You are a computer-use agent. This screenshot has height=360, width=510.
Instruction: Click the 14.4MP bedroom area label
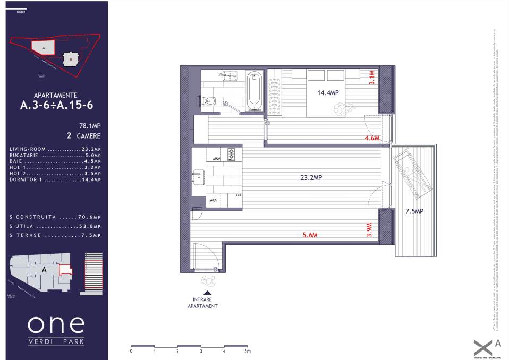pyautogui.click(x=328, y=93)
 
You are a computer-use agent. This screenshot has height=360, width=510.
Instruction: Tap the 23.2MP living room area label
pyautogui.click(x=311, y=178)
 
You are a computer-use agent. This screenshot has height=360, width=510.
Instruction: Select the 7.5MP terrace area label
pyautogui.click(x=414, y=211)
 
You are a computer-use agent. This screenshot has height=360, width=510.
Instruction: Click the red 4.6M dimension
pyautogui.click(x=372, y=138)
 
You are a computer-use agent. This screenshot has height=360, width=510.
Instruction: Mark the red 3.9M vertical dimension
pyautogui.click(x=370, y=229)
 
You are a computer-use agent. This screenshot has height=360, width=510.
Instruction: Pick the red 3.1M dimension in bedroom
pyautogui.click(x=372, y=78)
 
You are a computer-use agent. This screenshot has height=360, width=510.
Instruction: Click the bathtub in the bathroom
pyautogui.click(x=254, y=89)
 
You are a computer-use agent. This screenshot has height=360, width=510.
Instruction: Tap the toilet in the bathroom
pyautogui.click(x=209, y=100)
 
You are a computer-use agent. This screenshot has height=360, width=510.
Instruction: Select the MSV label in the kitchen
pyautogui.click(x=216, y=159)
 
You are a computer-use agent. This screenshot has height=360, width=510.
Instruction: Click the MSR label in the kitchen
pyautogui.click(x=213, y=201)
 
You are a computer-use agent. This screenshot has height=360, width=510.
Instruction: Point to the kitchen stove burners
pyautogui.click(x=231, y=155)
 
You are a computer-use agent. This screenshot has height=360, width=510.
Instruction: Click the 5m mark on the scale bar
pyautogui.click(x=247, y=352)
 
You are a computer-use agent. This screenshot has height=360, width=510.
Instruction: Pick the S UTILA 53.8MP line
pyautogui.click(x=55, y=226)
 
